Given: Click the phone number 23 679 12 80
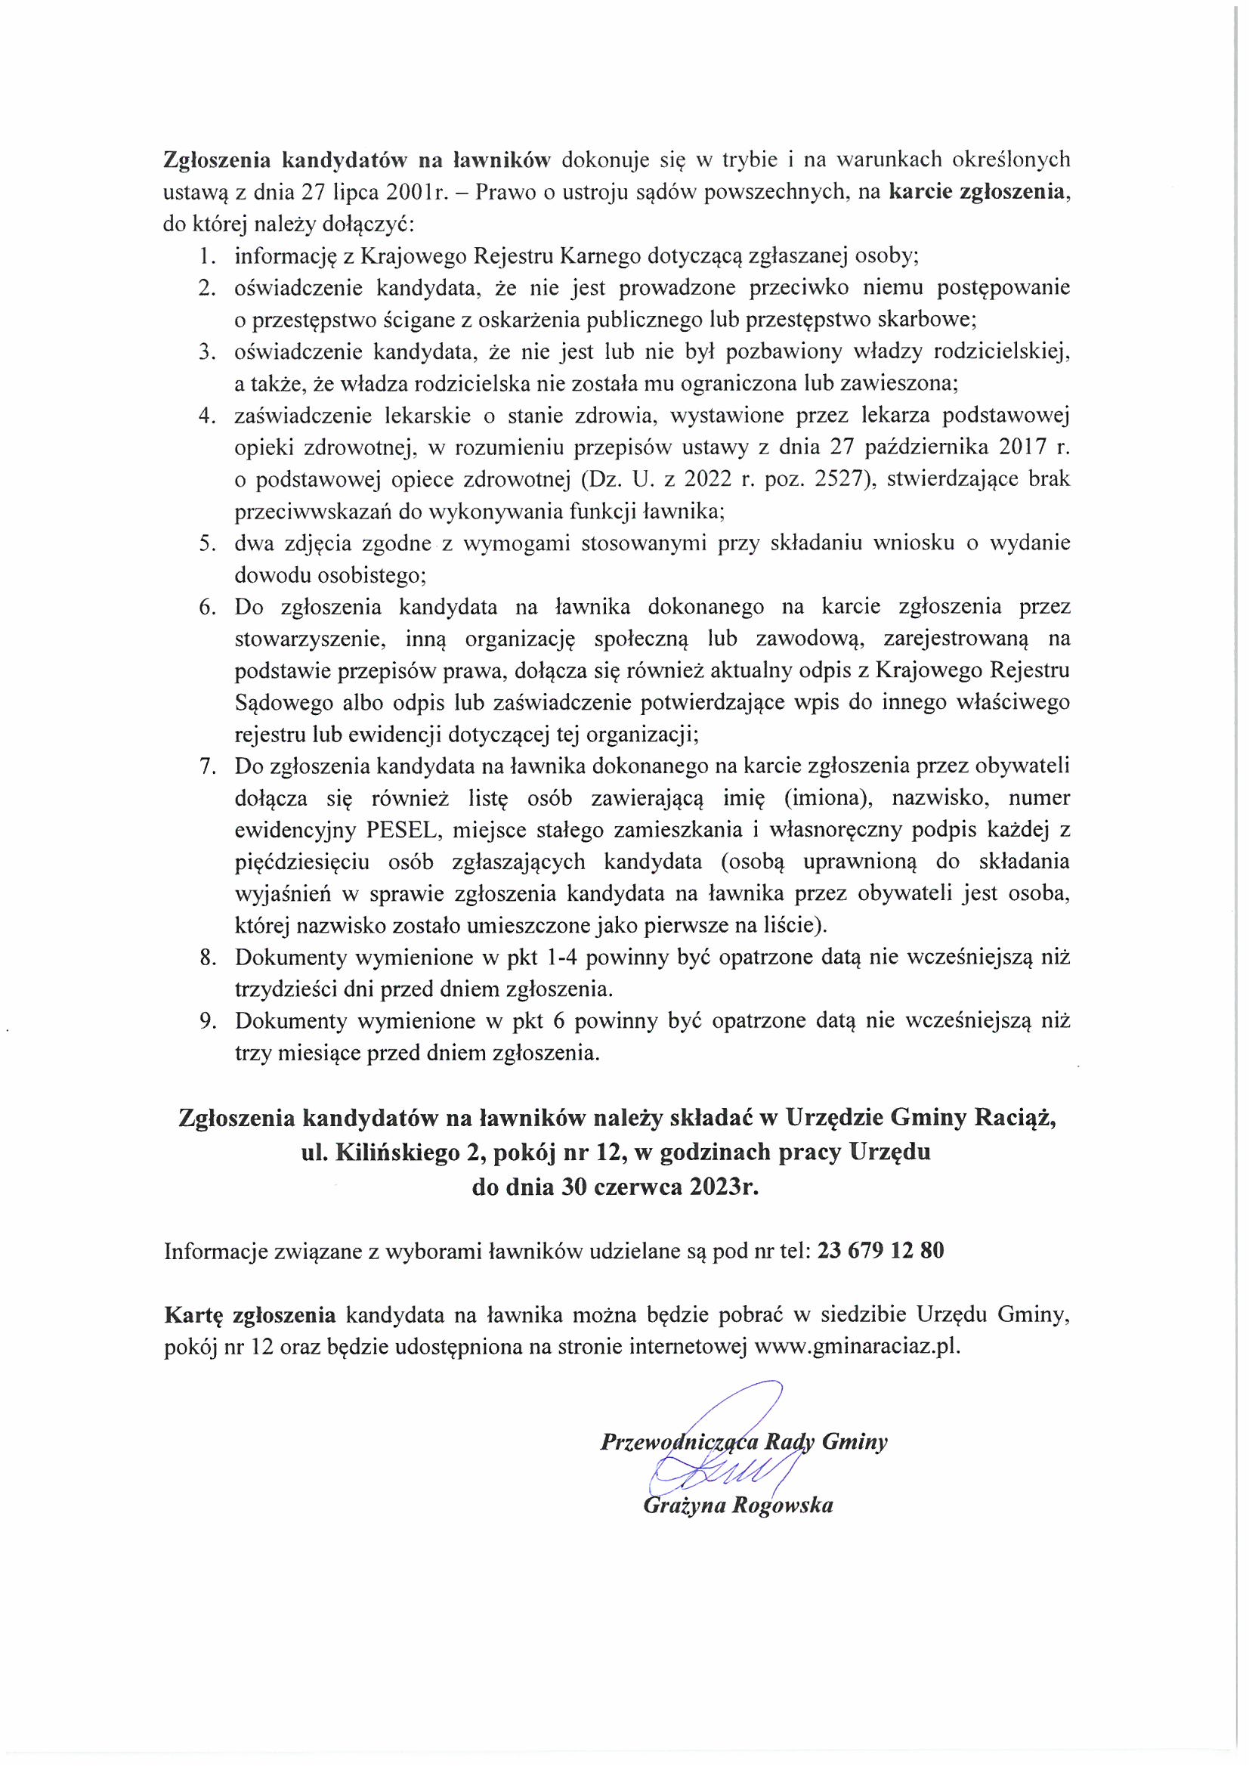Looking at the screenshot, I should tap(881, 1251).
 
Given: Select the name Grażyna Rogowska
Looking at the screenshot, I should tap(738, 1506).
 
